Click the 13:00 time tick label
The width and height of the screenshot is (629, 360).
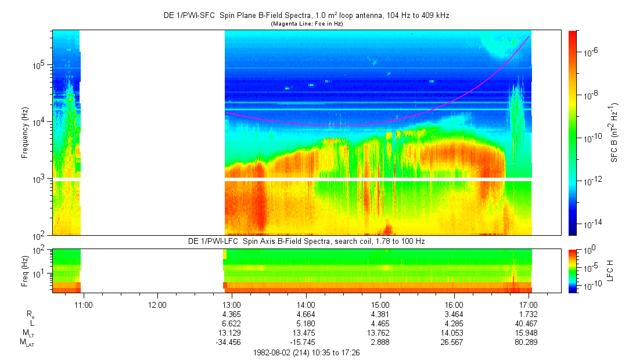[x=232, y=304]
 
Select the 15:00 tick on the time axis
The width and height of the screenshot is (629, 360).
[x=380, y=304]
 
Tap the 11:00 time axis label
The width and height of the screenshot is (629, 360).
[x=84, y=304]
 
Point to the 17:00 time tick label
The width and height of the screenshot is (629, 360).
[x=529, y=304]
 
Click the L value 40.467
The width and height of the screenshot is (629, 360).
[x=529, y=323]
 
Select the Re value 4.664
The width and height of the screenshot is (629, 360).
[x=306, y=314]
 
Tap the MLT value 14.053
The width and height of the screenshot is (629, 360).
[x=454, y=333]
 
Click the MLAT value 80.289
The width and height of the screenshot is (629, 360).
[x=529, y=342]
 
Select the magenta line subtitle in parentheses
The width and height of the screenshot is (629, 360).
[x=306, y=24]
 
